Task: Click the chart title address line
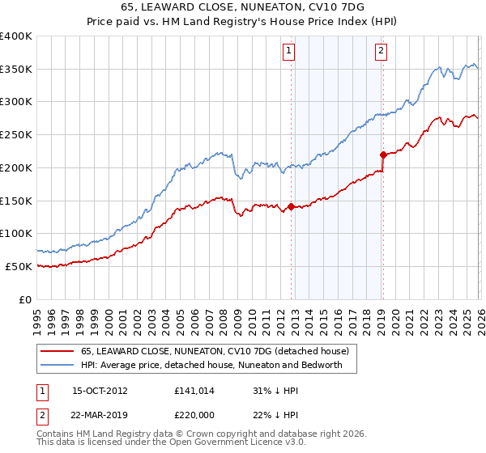[243, 7]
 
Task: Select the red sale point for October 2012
[291, 206]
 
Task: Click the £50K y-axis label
[19, 266]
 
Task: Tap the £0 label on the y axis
[25, 299]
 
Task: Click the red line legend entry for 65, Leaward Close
[215, 351]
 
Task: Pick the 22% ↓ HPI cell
[276, 414]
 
